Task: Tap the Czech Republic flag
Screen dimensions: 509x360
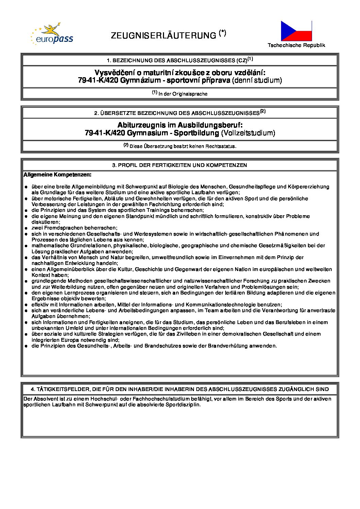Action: click(296, 31)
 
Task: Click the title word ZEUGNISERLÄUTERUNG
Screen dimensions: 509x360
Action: click(163, 36)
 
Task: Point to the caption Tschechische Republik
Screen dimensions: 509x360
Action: click(296, 45)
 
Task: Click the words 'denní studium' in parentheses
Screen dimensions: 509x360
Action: click(257, 81)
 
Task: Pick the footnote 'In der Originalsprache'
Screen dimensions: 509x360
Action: click(183, 94)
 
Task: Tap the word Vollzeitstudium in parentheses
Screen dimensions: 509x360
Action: click(248, 133)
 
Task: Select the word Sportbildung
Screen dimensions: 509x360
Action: click(196, 133)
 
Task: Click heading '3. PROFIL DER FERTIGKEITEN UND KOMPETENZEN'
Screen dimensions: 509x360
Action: click(180, 165)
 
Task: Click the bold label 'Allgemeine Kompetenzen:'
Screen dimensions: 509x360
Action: click(57, 175)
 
